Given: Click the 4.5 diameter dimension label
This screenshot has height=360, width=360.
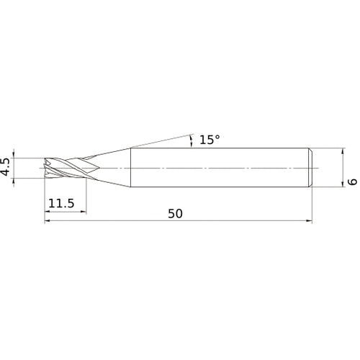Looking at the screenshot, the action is point(6,167).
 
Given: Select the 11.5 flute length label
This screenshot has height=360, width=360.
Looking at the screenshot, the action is point(61,204).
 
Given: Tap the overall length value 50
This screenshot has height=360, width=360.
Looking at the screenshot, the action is point(175,214).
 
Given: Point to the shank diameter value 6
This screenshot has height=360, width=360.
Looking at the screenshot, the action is point(352,181).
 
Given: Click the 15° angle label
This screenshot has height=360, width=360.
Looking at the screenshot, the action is point(210,140).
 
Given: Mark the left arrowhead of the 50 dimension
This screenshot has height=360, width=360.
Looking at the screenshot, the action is point(48,221).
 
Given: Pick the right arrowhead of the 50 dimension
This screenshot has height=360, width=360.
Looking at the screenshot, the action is point(310,221).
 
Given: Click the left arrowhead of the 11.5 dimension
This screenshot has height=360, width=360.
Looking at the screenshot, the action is point(48,212).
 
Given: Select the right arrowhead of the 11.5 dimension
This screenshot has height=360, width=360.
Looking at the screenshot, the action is point(84,212).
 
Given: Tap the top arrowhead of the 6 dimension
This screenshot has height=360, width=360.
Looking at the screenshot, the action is point(343,151).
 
